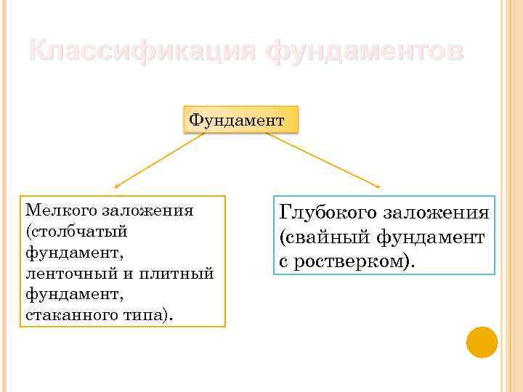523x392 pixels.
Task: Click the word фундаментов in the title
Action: (362, 52)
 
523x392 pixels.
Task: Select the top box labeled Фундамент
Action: (236, 118)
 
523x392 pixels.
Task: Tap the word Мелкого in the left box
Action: (61, 211)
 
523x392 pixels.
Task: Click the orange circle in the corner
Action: (482, 342)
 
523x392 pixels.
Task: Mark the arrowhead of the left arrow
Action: (117, 186)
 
